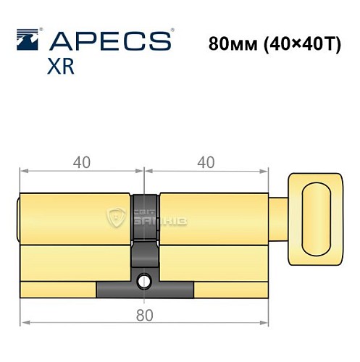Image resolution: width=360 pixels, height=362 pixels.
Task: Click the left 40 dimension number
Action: click(81, 162)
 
